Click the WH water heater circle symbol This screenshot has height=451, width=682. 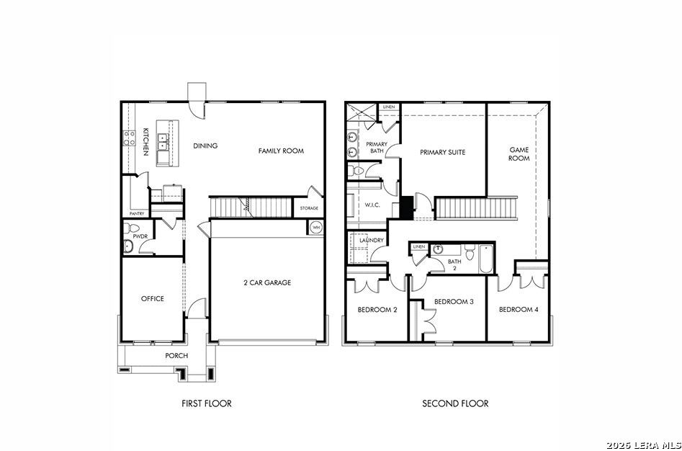click(316, 228)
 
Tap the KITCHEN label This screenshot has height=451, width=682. click(146, 141)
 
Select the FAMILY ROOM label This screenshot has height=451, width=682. click(281, 151)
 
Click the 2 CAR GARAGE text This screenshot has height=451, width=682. click(267, 282)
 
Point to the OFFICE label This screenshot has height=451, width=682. click(152, 299)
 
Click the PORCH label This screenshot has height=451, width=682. click(176, 356)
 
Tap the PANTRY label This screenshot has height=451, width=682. click(137, 214)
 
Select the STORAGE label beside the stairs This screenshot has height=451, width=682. click(309, 208)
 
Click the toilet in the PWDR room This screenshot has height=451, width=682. click(131, 228)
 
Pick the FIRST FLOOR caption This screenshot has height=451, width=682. click(207, 403)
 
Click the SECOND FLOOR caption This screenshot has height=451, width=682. click(455, 403)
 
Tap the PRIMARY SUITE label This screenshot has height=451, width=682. click(443, 152)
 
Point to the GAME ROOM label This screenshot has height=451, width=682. click(519, 154)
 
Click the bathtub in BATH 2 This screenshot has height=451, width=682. click(486, 259)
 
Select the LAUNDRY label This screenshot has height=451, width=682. click(372, 240)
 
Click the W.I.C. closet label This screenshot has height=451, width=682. click(372, 205)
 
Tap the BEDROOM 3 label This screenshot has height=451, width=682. click(454, 301)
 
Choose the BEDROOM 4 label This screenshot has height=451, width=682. click(519, 310)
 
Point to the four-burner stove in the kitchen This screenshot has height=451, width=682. click(129, 138)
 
